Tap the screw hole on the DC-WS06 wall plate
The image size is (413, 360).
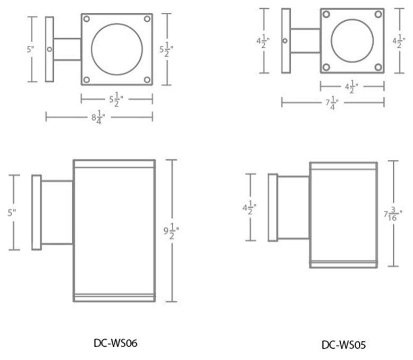[49, 49]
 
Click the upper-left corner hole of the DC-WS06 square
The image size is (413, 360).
[87, 20]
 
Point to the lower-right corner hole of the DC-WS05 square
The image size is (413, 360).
[377, 67]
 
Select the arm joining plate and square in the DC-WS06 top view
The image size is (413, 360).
[68, 49]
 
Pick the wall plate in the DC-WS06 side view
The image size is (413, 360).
[37, 212]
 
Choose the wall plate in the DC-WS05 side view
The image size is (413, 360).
[273, 207]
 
